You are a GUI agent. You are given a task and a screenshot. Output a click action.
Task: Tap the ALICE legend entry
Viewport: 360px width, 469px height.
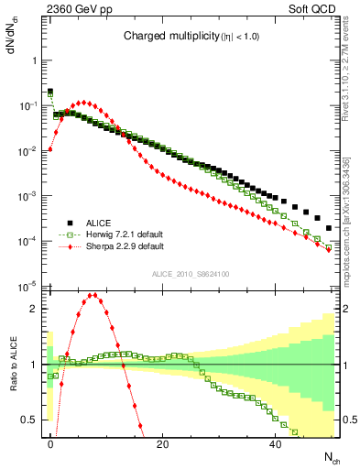click(99, 223)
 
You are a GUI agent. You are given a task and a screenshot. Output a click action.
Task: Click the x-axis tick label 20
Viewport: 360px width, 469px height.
click(163, 443)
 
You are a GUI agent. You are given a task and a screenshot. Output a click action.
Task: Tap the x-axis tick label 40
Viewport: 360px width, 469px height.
click(276, 443)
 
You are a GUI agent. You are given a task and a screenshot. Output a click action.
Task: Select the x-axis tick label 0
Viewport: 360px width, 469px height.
click(50, 443)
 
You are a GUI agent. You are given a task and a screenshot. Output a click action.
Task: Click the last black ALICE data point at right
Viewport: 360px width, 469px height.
click(329, 228)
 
